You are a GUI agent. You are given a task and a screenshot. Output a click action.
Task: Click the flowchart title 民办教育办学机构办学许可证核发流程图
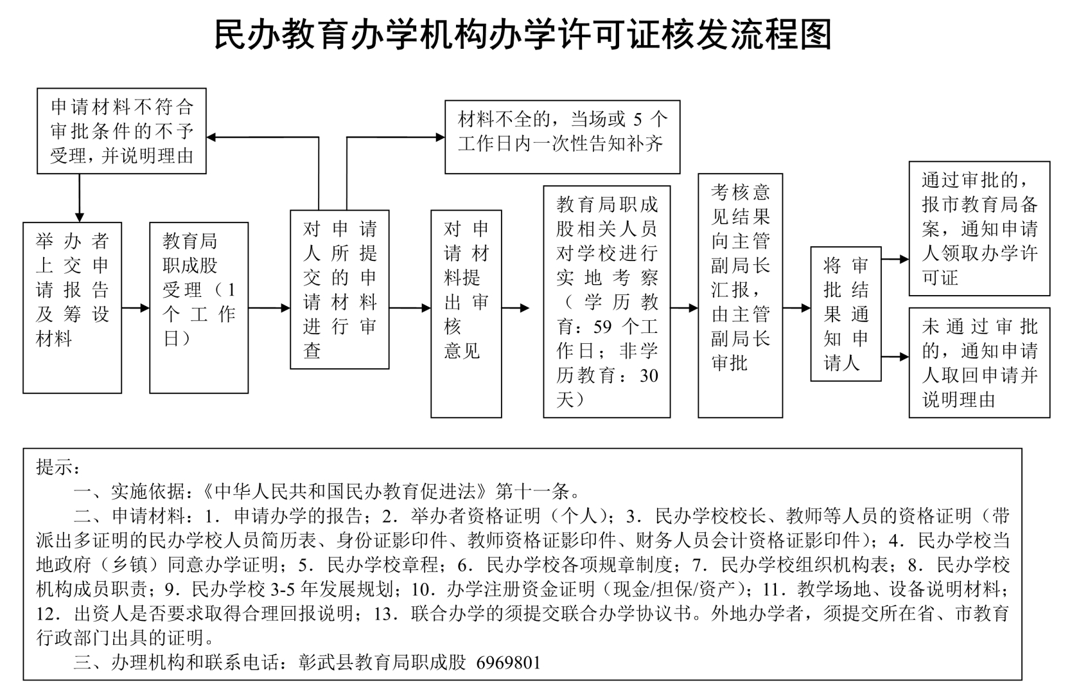click(522, 35)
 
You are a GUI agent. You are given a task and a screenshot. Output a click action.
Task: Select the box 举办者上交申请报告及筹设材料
click(72, 307)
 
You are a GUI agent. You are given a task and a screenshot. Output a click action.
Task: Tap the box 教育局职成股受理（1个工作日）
click(198, 307)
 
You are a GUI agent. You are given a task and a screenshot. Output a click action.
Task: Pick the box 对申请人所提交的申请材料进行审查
click(339, 289)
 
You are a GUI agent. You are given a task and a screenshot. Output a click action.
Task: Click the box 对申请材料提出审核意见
click(466, 314)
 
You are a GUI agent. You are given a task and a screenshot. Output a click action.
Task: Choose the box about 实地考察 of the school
click(606, 301)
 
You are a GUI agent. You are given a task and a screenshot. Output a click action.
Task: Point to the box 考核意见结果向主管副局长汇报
click(740, 295)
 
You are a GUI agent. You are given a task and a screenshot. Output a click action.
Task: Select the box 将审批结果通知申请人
click(845, 314)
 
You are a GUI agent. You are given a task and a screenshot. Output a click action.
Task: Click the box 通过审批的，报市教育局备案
click(979, 228)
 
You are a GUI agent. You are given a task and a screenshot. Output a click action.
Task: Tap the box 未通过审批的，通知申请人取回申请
click(979, 363)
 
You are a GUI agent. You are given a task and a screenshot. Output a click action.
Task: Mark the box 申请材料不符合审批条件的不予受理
click(121, 131)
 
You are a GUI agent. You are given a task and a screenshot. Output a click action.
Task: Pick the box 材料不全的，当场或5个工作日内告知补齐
click(562, 136)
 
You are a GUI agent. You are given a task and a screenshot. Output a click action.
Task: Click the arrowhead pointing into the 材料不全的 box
click(441, 137)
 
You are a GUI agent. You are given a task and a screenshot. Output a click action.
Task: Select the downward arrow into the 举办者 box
click(79, 216)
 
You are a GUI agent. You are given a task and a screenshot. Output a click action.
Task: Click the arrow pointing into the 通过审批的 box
click(904, 260)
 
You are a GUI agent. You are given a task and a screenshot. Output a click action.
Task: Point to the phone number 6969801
click(508, 662)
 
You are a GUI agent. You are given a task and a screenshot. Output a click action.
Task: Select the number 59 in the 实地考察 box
click(602, 327)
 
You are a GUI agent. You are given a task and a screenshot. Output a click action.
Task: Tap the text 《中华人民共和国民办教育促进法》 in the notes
click(346, 492)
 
